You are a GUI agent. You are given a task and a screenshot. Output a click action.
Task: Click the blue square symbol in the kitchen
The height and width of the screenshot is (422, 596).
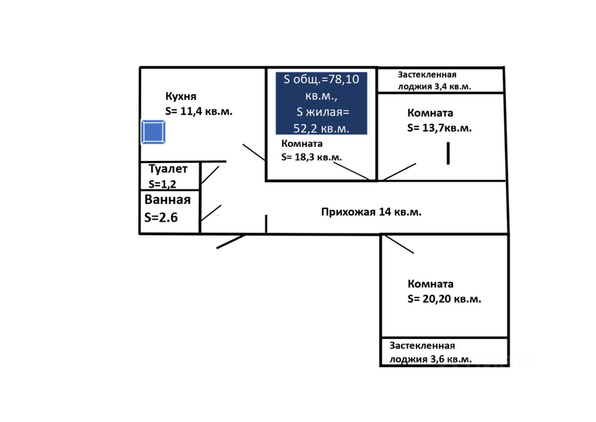[153, 132]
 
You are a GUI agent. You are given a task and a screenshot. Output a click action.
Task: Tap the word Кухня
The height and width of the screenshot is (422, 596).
[181, 97]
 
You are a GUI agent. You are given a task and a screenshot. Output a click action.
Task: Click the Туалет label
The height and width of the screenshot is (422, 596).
[168, 169]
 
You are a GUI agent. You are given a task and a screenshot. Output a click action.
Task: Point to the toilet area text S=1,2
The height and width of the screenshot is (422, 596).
[163, 184]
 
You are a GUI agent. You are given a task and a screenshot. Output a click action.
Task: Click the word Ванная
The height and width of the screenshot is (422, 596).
[168, 200]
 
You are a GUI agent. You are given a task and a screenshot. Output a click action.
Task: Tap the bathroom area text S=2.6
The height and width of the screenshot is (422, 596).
[161, 217]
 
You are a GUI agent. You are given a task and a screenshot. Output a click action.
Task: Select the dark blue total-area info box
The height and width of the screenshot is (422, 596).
[321, 104]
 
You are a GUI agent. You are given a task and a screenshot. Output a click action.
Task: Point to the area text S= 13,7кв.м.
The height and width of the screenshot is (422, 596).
[440, 128]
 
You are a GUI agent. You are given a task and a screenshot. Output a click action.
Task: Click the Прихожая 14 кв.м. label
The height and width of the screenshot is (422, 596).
[371, 212]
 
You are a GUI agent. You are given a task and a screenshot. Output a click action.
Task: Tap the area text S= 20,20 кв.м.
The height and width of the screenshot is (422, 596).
[444, 299]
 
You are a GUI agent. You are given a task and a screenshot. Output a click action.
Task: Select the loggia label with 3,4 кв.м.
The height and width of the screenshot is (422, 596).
[434, 81]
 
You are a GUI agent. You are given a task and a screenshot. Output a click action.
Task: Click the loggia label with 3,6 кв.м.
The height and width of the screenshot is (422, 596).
[431, 353]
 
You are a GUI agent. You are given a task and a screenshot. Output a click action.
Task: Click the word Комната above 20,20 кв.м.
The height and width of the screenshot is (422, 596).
[431, 284]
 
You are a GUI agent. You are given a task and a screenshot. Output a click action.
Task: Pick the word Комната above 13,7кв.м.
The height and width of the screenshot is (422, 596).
[430, 113]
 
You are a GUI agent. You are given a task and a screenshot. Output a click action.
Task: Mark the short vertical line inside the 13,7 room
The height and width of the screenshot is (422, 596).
[448, 153]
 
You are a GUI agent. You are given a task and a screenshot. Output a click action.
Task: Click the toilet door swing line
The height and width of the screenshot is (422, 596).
[210, 175]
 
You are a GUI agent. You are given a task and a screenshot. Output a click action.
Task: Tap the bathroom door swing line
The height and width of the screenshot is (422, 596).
[210, 213]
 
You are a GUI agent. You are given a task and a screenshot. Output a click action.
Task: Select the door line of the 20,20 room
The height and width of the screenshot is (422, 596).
[399, 244]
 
